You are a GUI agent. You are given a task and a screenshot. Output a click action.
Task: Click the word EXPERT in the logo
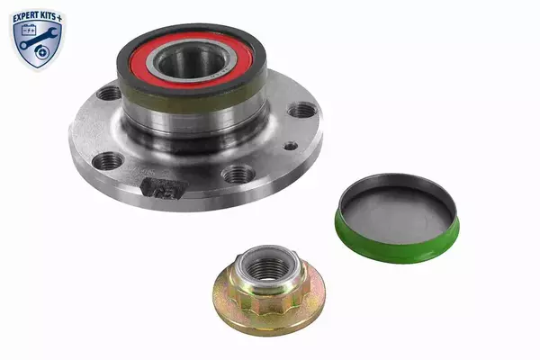coord(27,17)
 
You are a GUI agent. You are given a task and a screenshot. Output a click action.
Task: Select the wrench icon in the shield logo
coord(37,39)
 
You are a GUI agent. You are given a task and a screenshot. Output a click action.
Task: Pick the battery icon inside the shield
coord(29,30)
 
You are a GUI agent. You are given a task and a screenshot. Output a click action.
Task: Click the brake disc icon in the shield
coord(42,52)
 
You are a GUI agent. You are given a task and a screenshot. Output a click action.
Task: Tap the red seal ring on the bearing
coord(191,61)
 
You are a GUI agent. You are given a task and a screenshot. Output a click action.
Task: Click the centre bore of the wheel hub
coord(192,63)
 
